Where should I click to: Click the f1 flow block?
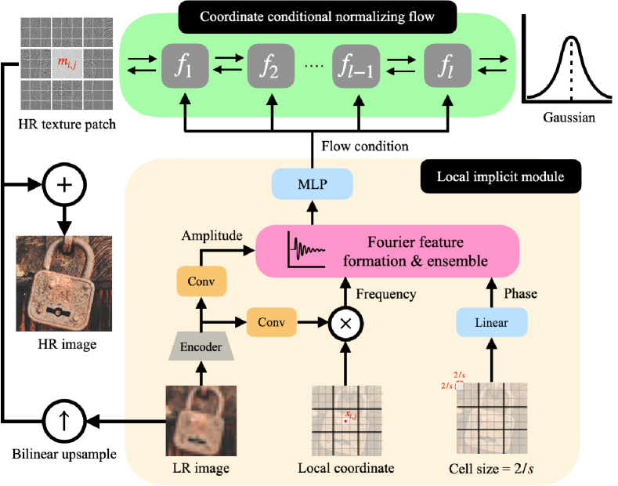184,66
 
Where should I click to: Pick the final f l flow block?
446,66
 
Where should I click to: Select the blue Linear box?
492,322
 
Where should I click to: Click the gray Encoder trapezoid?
202,347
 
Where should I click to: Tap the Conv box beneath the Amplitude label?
201,281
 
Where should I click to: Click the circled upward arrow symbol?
64,422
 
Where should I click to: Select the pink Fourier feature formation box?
388,250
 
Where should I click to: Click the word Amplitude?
211,235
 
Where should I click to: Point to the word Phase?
519,293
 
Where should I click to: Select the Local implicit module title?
501,177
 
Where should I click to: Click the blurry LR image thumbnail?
201,420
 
